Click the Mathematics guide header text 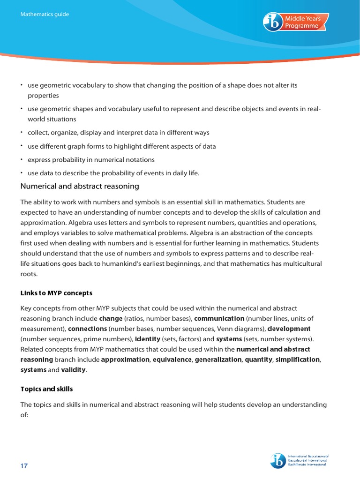(x=45, y=15)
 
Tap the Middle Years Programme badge (x=296, y=22)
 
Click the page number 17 (x=24, y=465)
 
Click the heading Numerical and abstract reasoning (x=80, y=186)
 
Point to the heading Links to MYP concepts (x=56, y=293)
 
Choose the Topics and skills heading (x=46, y=389)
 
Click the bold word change (x=111, y=318)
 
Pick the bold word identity (x=148, y=339)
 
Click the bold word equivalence (x=172, y=360)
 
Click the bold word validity (x=74, y=370)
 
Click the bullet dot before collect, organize (x=21, y=132)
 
